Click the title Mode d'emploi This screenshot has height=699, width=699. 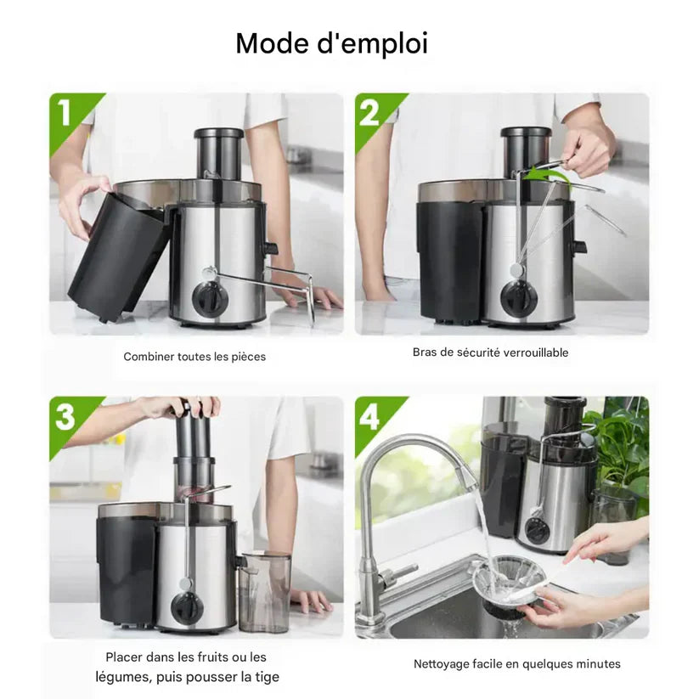click(x=331, y=43)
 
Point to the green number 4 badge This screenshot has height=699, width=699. click(x=370, y=417)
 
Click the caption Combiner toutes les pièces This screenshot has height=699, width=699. click(x=194, y=357)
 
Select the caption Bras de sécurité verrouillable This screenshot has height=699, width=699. click(x=490, y=352)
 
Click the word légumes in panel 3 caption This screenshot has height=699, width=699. click(x=119, y=677)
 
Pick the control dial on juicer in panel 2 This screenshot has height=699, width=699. click(x=517, y=297)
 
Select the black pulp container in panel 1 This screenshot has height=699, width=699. click(x=119, y=255)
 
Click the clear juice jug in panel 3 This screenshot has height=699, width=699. click(x=264, y=592)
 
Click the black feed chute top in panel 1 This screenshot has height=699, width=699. click(x=218, y=133)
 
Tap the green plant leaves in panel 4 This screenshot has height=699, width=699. click(x=623, y=446)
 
